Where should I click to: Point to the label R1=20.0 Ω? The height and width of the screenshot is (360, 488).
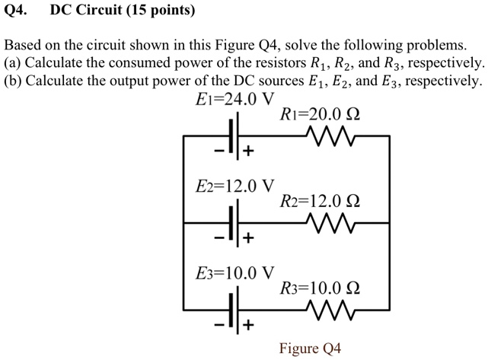[x=320, y=115]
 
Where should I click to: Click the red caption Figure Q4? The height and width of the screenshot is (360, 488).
[x=310, y=349]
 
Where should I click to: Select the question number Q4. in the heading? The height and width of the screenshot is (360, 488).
[x=18, y=11]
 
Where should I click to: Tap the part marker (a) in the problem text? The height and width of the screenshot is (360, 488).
[x=13, y=62]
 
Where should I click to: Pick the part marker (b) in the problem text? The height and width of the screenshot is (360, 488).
[x=13, y=81]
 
